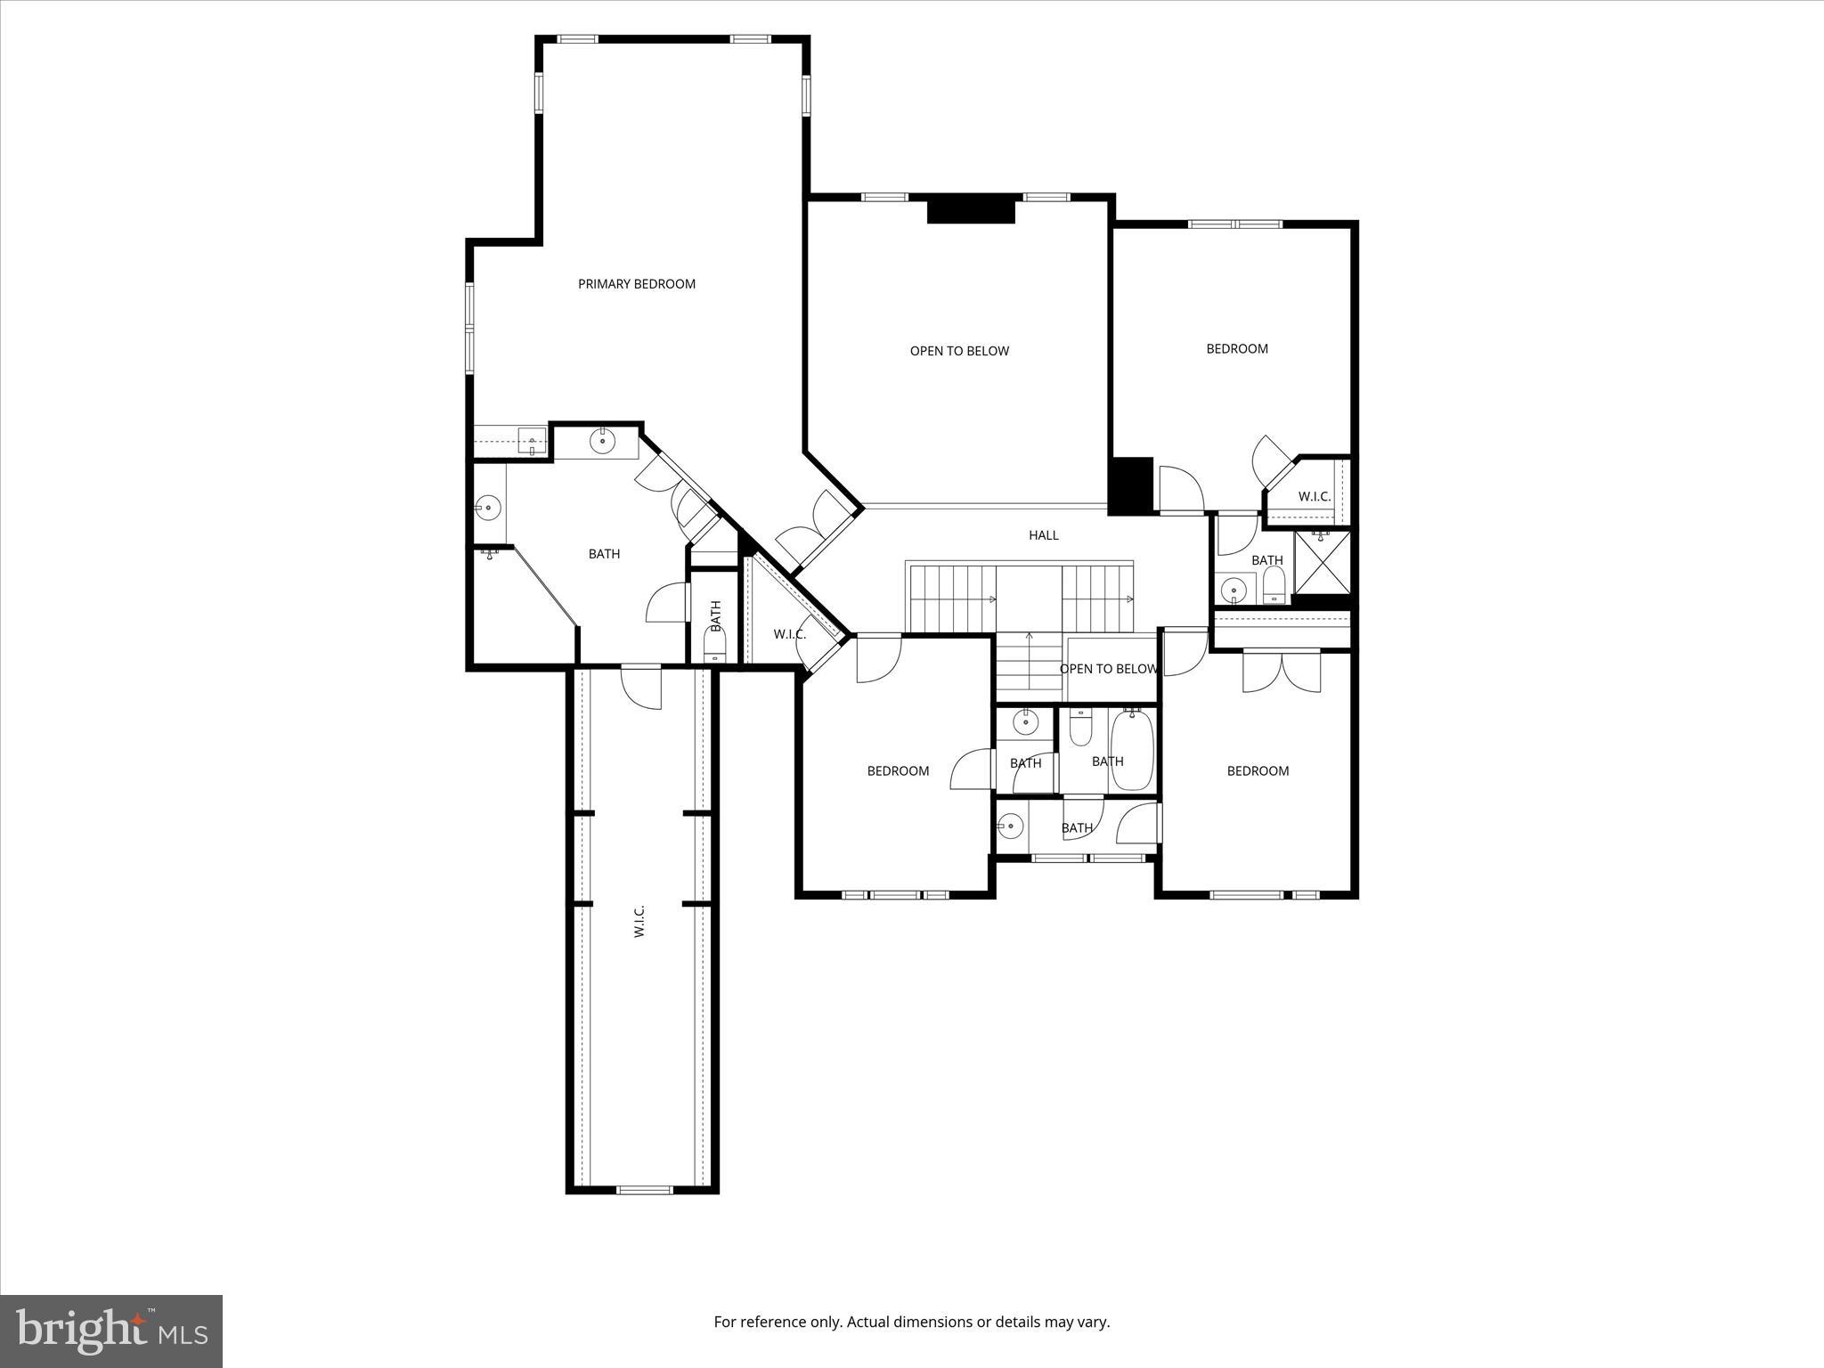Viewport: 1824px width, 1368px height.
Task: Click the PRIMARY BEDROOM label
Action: click(636, 284)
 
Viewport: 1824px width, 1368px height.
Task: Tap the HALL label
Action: click(1043, 535)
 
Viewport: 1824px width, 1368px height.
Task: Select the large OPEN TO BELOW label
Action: click(959, 351)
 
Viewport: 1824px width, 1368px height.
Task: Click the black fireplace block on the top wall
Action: click(971, 209)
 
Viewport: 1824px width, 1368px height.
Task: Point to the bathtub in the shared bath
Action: click(1132, 750)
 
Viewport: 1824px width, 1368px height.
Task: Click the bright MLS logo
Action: click(111, 1331)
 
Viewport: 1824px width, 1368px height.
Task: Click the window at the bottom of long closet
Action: click(645, 1189)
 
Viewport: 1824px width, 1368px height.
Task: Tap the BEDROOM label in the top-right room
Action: click(1236, 349)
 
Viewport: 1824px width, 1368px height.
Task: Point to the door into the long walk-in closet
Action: click(642, 686)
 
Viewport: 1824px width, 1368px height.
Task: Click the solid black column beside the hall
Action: click(1130, 485)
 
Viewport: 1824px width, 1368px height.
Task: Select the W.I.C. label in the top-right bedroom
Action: click(1314, 497)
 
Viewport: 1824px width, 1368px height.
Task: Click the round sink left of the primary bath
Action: click(487, 509)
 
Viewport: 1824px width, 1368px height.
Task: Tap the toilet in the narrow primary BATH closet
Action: click(715, 644)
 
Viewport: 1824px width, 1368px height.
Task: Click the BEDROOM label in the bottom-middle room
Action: click(898, 771)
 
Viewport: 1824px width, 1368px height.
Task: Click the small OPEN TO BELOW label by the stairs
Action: click(1108, 669)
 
